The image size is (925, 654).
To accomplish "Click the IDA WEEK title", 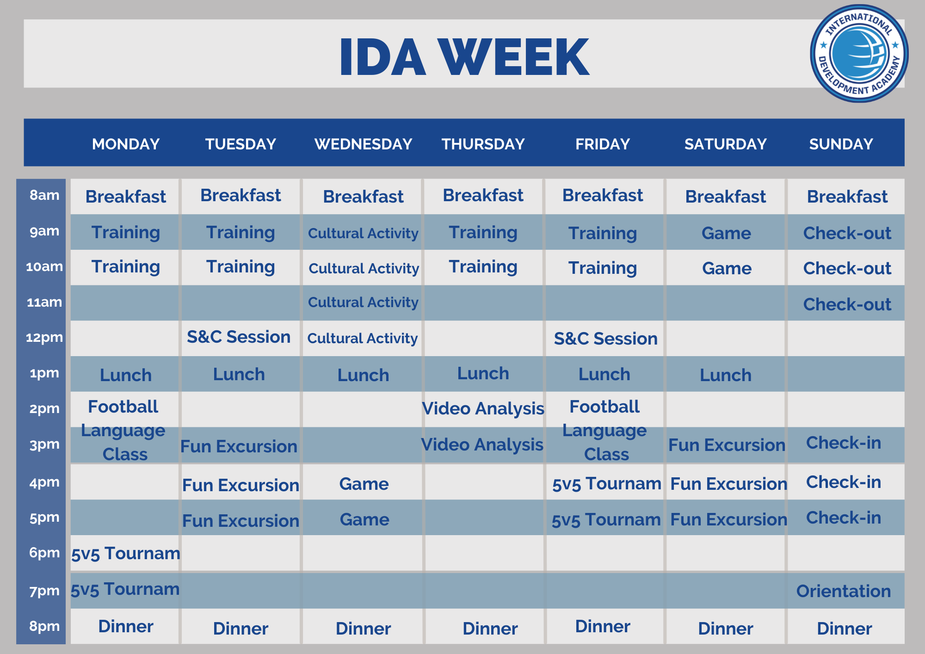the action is click(x=464, y=57).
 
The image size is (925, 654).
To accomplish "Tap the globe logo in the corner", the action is click(x=859, y=54).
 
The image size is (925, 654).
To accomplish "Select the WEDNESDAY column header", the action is click(x=363, y=144).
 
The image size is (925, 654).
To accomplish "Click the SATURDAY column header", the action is click(x=725, y=144).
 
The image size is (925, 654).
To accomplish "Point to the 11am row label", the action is click(x=44, y=302).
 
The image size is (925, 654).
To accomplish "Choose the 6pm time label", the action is click(x=44, y=553).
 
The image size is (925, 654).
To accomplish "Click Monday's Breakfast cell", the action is click(x=125, y=197).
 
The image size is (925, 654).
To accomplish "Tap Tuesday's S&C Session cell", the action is click(x=239, y=337).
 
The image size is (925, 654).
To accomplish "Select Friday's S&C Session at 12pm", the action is click(x=605, y=339).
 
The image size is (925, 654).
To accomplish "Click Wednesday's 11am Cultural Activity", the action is click(x=363, y=302).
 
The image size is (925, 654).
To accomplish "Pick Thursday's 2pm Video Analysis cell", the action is click(x=483, y=408).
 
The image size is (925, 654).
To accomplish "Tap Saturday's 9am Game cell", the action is click(x=726, y=233).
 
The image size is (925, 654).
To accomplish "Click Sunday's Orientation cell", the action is click(x=843, y=591).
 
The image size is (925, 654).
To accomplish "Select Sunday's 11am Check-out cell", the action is click(x=847, y=304).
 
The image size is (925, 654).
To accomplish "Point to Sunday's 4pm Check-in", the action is click(x=843, y=482).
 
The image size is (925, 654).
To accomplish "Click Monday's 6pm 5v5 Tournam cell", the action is click(x=125, y=553).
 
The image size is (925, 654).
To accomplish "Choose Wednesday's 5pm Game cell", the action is click(x=364, y=519).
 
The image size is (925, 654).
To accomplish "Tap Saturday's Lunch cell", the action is click(x=725, y=375).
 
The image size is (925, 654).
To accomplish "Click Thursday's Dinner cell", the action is click(x=490, y=629).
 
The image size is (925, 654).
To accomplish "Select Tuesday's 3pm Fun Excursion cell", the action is click(x=239, y=446).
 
